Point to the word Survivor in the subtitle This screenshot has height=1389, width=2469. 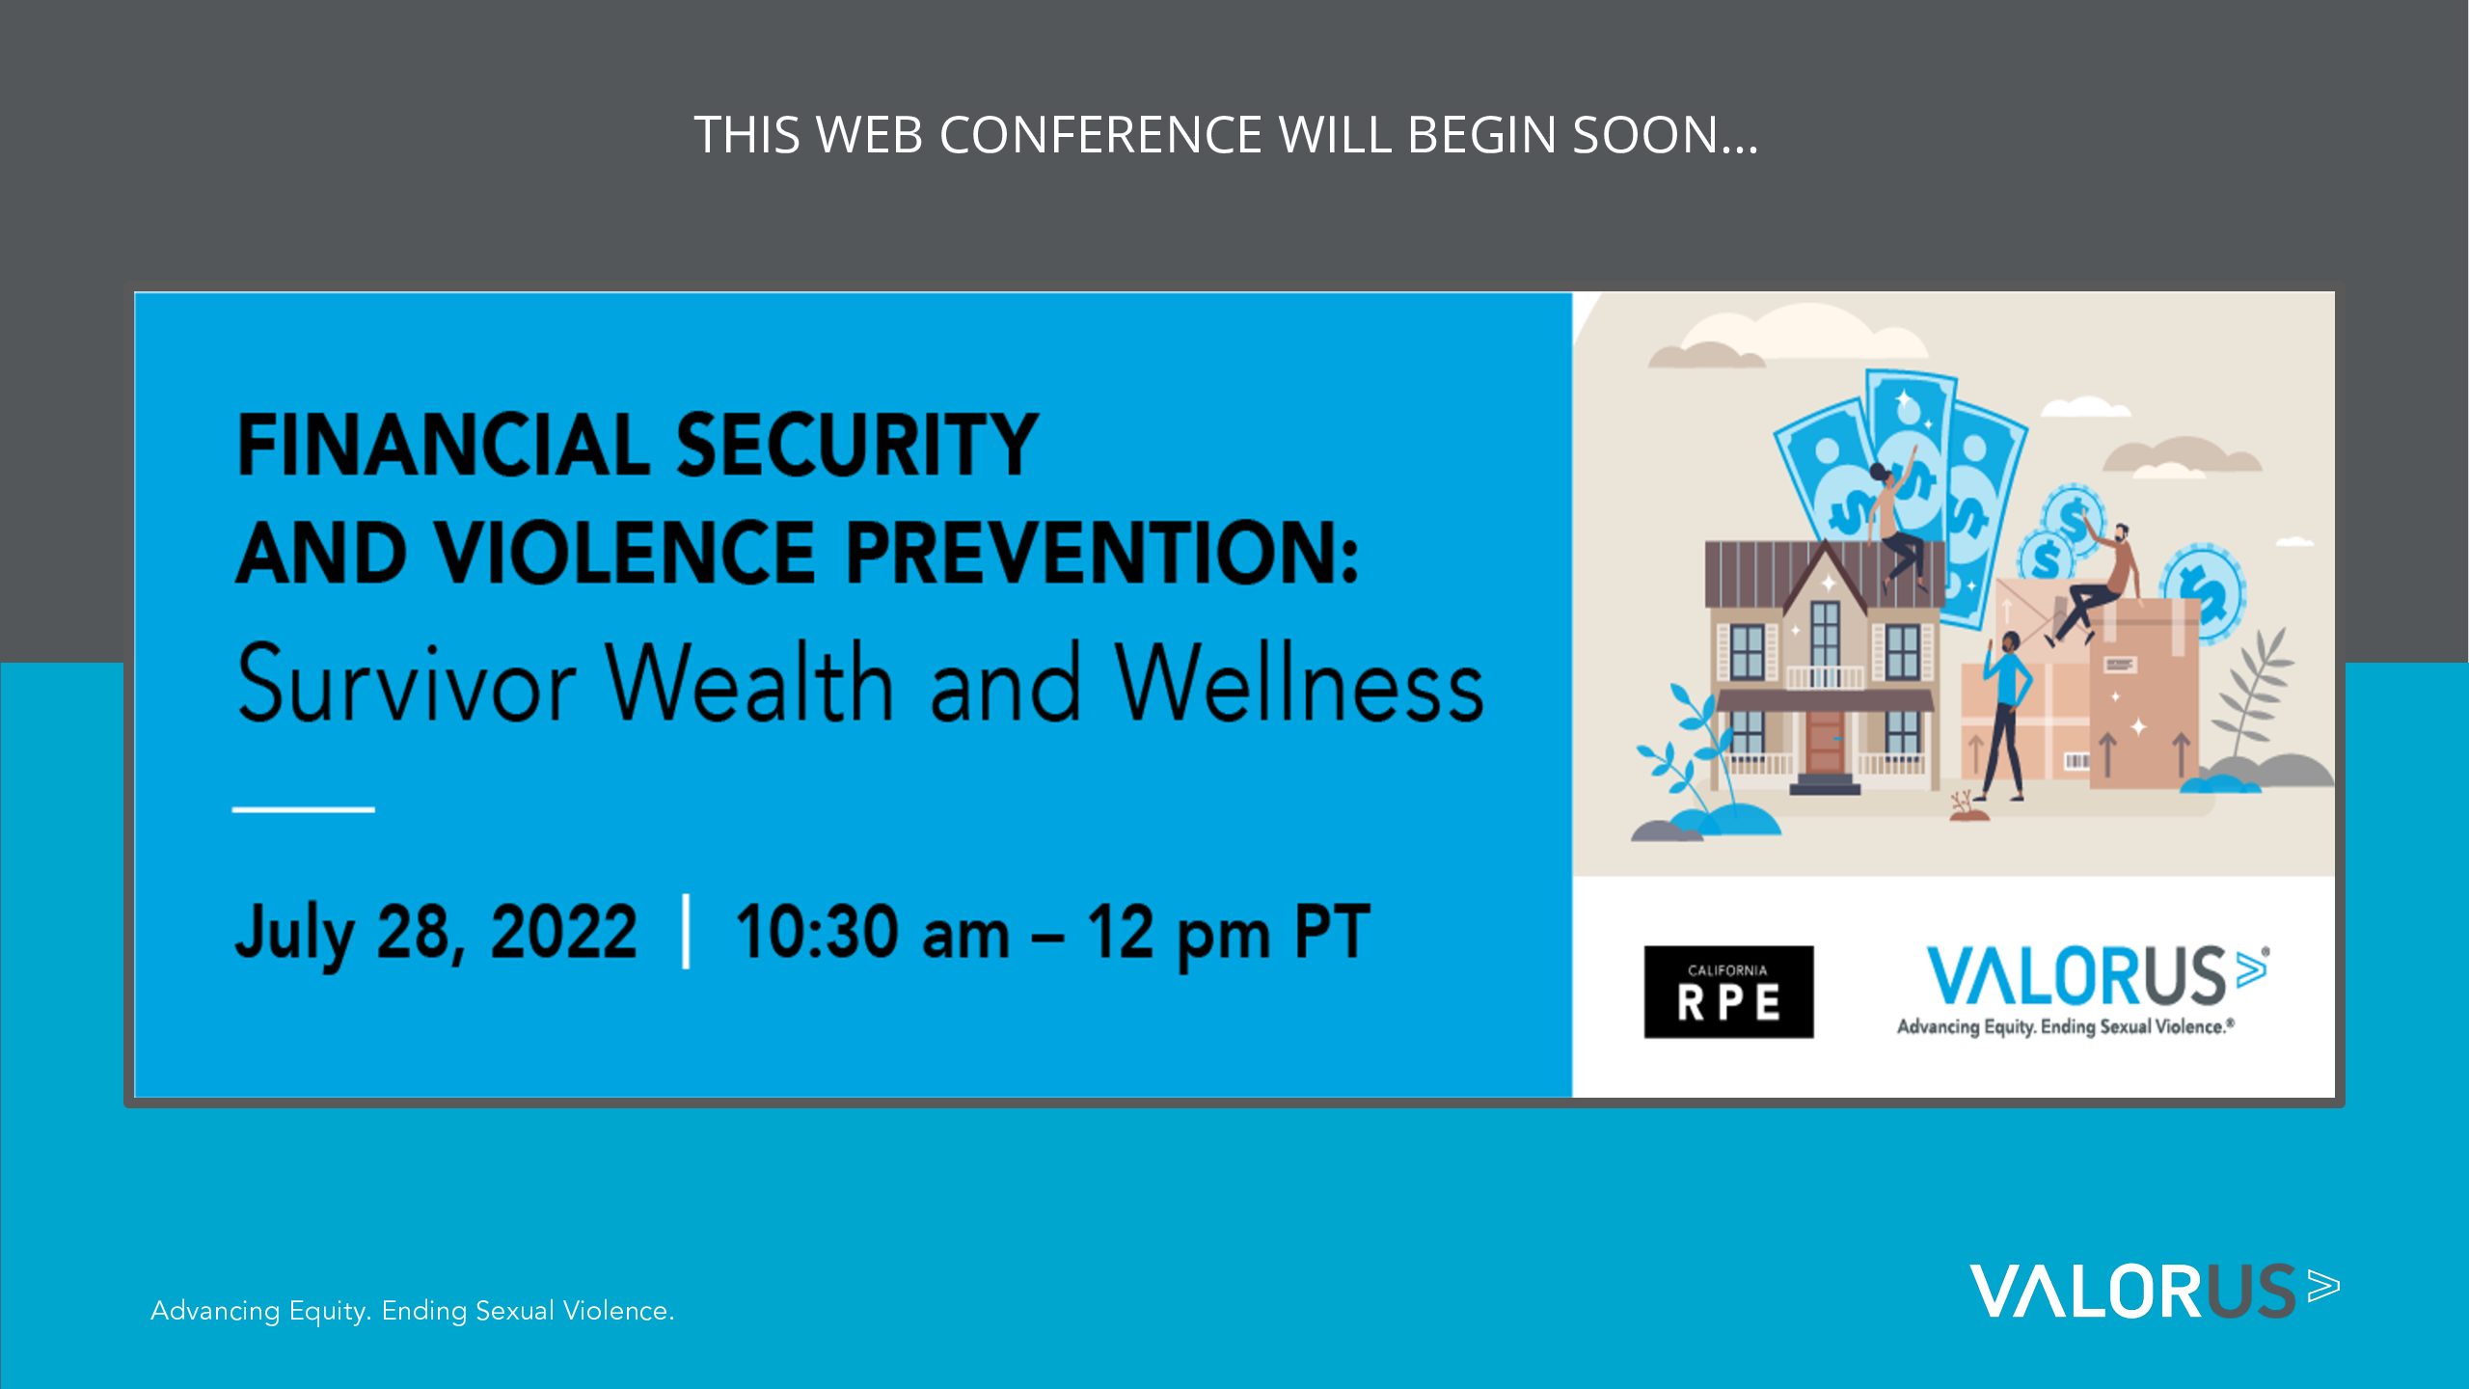(407, 683)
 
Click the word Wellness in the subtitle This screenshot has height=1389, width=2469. (1300, 683)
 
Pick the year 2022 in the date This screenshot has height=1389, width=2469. (564, 932)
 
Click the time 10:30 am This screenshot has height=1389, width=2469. (873, 932)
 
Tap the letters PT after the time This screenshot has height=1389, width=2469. (1332, 932)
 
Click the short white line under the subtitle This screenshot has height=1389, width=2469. (303, 809)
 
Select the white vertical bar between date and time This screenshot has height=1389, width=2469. (686, 931)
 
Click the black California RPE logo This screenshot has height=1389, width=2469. (1728, 992)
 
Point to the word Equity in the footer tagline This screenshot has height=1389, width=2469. (330, 1311)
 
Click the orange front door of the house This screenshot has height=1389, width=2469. (1824, 742)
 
